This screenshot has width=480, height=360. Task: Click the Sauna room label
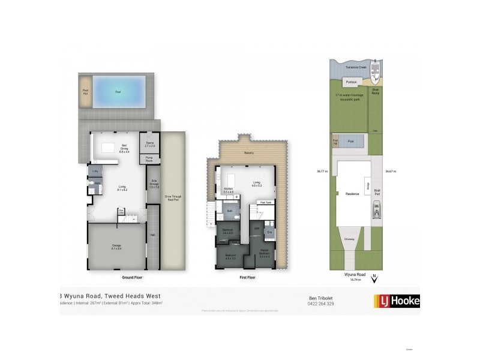pyautogui.click(x=150, y=144)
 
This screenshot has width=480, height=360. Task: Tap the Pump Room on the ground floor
pyautogui.click(x=149, y=159)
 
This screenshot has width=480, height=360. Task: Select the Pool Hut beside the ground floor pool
pyautogui.click(x=85, y=92)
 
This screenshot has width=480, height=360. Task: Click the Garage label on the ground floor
pyautogui.click(x=116, y=246)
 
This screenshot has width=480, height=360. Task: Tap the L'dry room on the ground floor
pyautogui.click(x=95, y=172)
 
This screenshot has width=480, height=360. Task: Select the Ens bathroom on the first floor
pyautogui.click(x=269, y=232)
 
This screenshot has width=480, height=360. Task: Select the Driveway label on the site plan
pyautogui.click(x=350, y=239)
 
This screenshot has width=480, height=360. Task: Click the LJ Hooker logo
pyautogui.click(x=396, y=301)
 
